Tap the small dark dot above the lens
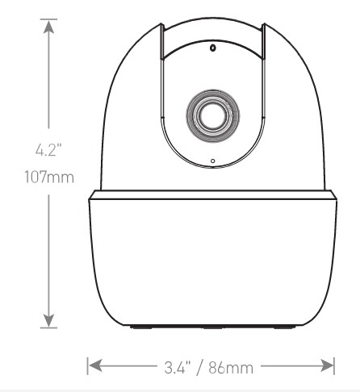tap(212, 48)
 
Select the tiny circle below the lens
tap(212, 161)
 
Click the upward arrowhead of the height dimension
tap(50, 27)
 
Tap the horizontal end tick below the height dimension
tap(50, 327)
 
